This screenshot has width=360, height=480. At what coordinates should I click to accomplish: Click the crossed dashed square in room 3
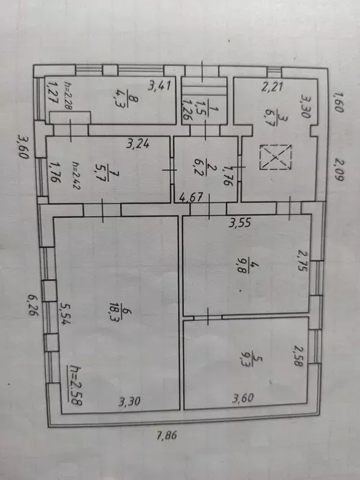276,157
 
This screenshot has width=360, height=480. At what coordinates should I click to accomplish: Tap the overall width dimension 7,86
167,435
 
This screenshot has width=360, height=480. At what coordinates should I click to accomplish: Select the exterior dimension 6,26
33,304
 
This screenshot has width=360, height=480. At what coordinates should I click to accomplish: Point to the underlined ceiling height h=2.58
75,385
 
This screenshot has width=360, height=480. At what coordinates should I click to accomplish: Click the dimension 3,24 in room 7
138,143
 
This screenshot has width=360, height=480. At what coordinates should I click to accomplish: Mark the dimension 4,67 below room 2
191,197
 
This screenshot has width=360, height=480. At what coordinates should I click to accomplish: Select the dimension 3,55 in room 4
240,223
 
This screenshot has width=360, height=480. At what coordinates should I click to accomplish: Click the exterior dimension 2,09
338,169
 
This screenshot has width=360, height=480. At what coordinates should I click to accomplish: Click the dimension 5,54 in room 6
64,313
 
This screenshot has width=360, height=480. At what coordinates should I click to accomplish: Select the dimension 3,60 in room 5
243,398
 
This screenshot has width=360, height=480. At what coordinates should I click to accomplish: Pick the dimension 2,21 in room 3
272,86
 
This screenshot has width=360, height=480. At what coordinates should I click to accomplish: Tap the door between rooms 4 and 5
208,317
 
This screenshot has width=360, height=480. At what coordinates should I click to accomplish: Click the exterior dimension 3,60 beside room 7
23,147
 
